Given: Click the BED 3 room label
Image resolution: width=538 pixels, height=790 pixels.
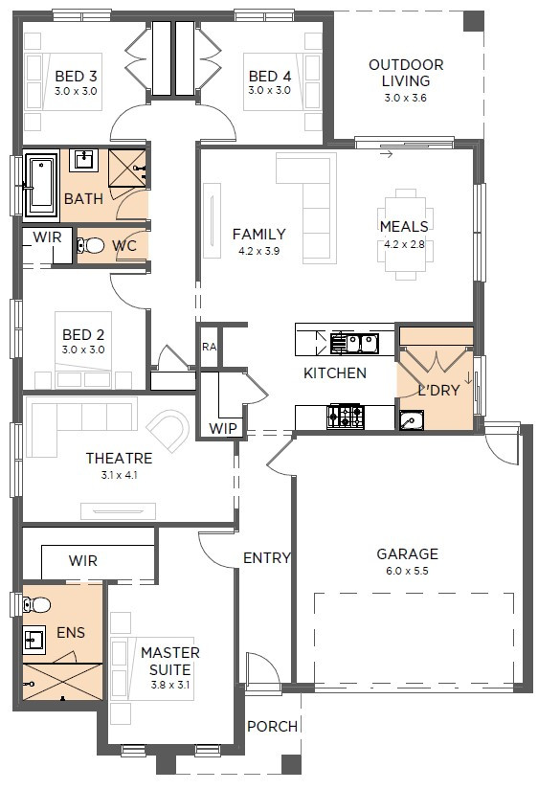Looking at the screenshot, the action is click(x=76, y=76).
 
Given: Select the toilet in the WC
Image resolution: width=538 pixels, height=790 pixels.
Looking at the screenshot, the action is click(x=91, y=245).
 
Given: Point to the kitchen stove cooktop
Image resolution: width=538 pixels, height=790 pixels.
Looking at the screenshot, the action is click(x=346, y=417).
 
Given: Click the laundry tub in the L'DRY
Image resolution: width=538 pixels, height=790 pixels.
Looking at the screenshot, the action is click(x=412, y=420).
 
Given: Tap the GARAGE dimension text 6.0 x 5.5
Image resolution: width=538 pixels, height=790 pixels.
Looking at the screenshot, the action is click(x=407, y=571).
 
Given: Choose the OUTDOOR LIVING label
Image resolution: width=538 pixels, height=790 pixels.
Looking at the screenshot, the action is click(x=406, y=73).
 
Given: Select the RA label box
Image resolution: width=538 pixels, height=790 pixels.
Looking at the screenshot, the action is click(x=209, y=347).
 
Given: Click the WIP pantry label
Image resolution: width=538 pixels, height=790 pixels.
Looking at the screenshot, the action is click(x=223, y=428).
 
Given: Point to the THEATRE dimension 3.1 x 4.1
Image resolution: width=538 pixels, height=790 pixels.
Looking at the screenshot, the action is click(x=119, y=475).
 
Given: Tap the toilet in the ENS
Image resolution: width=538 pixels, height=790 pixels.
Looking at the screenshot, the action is click(x=36, y=604).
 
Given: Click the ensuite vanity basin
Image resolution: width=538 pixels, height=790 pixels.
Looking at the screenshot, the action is click(x=34, y=640).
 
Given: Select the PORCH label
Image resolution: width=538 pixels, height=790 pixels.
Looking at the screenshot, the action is click(x=273, y=726).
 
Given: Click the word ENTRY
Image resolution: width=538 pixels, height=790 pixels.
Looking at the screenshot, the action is click(x=267, y=557).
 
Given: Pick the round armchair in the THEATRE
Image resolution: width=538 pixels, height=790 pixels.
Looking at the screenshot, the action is click(x=168, y=431).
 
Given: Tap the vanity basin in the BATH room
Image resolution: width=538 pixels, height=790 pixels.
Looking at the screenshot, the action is click(x=83, y=160).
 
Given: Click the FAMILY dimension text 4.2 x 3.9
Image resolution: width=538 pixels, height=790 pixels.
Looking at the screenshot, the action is click(x=258, y=251).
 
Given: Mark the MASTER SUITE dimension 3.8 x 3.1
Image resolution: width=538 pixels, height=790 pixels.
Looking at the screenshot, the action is click(x=170, y=685).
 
